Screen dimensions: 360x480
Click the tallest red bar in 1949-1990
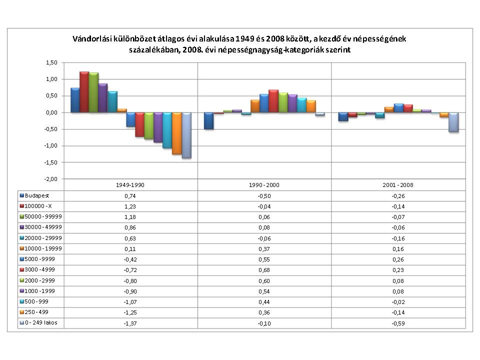click(x=84, y=92)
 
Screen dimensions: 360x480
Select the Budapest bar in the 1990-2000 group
click(x=208, y=120)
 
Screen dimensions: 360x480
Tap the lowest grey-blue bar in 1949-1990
click(x=186, y=135)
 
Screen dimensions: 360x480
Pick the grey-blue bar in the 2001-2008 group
click(x=453, y=122)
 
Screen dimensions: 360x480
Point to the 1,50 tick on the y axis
click(x=51, y=62)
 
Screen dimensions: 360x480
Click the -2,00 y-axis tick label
click(x=51, y=179)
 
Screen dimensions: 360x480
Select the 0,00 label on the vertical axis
click(x=51, y=112)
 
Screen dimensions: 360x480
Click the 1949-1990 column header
click(x=131, y=185)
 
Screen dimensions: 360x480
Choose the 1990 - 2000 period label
click(x=264, y=185)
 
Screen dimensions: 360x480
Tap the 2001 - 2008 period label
click(x=398, y=185)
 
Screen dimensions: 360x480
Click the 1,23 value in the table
click(x=131, y=206)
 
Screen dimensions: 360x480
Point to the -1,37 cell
click(x=131, y=323)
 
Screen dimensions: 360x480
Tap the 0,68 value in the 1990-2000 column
click(x=264, y=270)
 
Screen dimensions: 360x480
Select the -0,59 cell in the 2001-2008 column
click(x=398, y=323)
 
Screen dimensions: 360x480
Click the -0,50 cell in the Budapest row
click(x=264, y=196)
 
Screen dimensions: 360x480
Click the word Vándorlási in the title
click(x=91, y=38)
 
